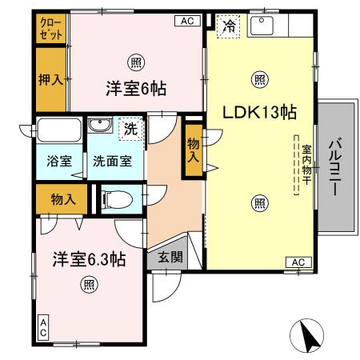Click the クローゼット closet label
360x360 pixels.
pos(50,30)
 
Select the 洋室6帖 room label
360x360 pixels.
pos(135,89)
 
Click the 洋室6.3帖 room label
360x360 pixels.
pos(89,258)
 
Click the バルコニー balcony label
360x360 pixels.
pos(336,170)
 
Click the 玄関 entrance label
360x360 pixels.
pos(169,257)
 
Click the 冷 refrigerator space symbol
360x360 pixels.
pos(230,26)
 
